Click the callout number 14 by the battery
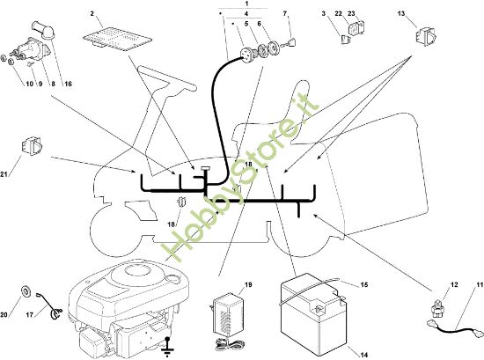click(x=364, y=355)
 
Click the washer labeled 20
click(x=26, y=290)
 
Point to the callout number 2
click(x=92, y=13)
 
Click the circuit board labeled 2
click(x=118, y=40)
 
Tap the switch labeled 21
click(x=32, y=146)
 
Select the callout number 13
click(x=401, y=13)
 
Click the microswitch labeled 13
click(x=426, y=36)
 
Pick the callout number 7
click(x=285, y=13)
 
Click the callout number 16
click(x=68, y=84)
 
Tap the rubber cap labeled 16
click(x=43, y=30)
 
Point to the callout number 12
click(x=454, y=284)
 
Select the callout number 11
click(x=480, y=284)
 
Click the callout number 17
click(x=30, y=315)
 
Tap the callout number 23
click(x=351, y=13)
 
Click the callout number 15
click(x=364, y=284)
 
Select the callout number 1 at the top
click(x=246, y=4)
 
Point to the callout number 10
click(x=29, y=84)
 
